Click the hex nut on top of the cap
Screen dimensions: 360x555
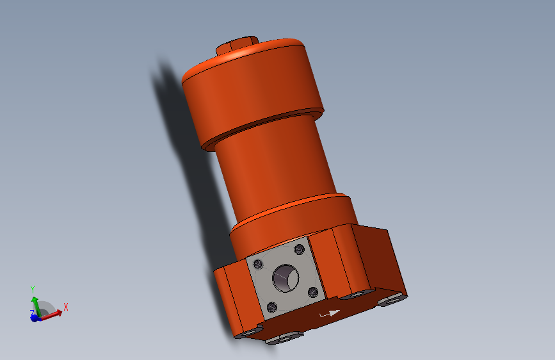pos(237,46)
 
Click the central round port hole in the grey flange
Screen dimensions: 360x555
pos(285,279)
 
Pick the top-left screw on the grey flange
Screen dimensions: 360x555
pos(258,263)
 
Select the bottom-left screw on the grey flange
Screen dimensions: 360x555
pos(272,306)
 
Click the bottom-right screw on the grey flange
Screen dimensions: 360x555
pos(313,292)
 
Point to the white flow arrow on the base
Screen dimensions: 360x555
pos(330,314)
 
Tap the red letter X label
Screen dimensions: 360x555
pos(65,307)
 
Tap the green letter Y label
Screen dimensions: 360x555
pos(32,289)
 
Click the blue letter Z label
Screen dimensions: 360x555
pos(31,313)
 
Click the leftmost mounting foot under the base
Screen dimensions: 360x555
pos(245,333)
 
